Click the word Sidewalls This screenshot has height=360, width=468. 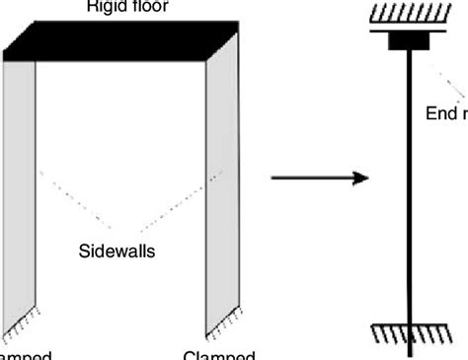117,251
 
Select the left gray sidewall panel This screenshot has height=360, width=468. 21,187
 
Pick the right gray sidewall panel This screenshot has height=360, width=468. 221,187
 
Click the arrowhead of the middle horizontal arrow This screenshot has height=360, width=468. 361,179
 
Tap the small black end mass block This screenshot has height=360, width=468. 408,42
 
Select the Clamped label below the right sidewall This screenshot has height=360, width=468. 219,354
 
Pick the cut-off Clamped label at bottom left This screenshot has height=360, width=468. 22,354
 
